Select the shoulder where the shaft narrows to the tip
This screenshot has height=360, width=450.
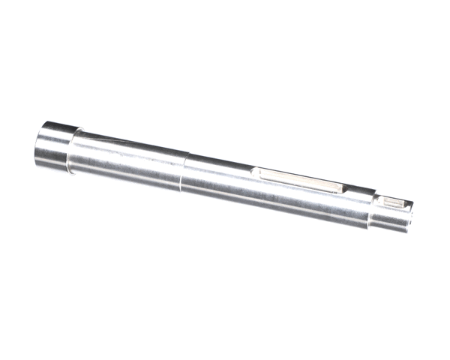coord(374,207)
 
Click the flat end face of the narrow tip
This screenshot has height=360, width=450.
coord(412,214)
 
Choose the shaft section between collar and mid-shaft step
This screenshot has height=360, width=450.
coord(127,161)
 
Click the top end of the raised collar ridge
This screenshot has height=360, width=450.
coord(78,130)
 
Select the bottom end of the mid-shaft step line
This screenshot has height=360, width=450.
coord(180,190)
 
